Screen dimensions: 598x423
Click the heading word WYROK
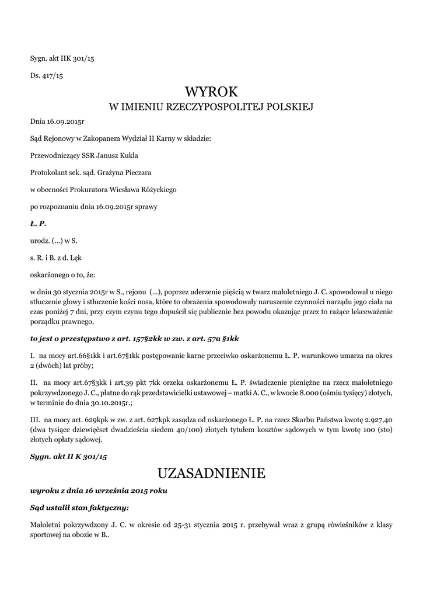211,92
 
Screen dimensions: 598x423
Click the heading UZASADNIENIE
211,473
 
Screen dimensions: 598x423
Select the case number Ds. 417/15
46,75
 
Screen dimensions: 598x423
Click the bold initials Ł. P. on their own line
38,223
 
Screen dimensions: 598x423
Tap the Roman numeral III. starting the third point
34,419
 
